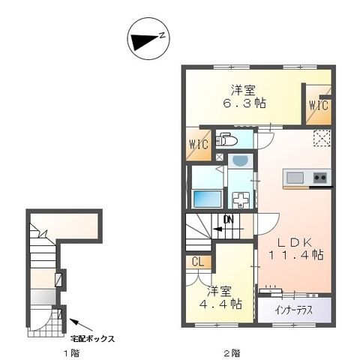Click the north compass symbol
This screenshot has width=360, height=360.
148,38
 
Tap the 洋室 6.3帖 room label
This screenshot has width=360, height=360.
244,97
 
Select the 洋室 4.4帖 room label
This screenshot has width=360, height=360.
220,297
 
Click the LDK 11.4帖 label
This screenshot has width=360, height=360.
296,249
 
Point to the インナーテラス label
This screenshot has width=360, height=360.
293,310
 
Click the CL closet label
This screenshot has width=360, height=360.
198,262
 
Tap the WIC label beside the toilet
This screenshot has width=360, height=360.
199,144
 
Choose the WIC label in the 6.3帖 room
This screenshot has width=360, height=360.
319,105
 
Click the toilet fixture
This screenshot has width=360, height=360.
226,140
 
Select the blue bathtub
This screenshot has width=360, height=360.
206,199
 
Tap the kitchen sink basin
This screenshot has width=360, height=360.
295,178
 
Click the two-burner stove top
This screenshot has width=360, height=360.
320,178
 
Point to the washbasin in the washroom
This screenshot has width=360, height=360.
239,160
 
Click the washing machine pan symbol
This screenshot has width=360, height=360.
241,200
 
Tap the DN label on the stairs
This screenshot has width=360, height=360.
229,220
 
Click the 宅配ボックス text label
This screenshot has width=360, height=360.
92,339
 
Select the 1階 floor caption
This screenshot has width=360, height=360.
72,353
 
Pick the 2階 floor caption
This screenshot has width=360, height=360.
232,353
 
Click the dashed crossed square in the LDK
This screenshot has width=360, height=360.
322,138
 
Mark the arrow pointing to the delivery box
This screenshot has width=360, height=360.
81,325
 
